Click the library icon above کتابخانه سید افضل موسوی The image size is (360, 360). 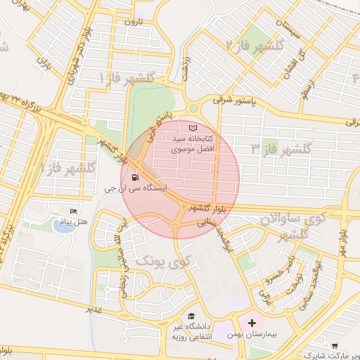point(193,128)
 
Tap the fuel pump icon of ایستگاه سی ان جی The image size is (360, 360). point(134,178)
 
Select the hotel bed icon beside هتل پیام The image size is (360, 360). point(72,212)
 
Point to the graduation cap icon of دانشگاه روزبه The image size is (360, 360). point(191,316)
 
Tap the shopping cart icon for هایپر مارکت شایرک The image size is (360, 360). point(334,345)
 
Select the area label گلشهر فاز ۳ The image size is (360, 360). point(281,148)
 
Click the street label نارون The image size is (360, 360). point(133,22)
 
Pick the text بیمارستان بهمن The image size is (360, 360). point(252,335)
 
